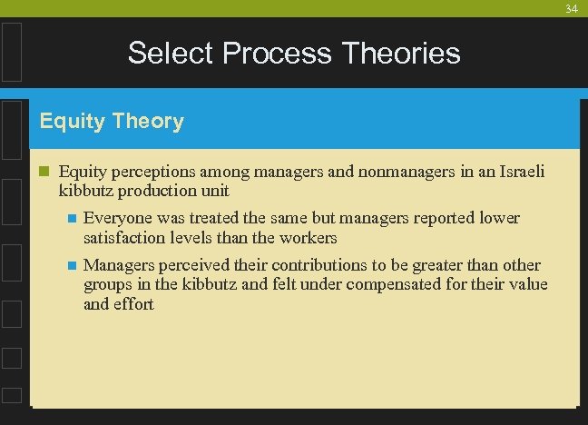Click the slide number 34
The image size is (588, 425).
pos(571,9)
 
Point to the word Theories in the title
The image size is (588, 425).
pos(401,54)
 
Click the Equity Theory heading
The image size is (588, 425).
pos(112,122)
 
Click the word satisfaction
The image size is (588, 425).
pos(123,238)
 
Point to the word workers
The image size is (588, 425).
pos(309,238)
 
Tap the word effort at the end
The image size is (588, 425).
pos(133,305)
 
